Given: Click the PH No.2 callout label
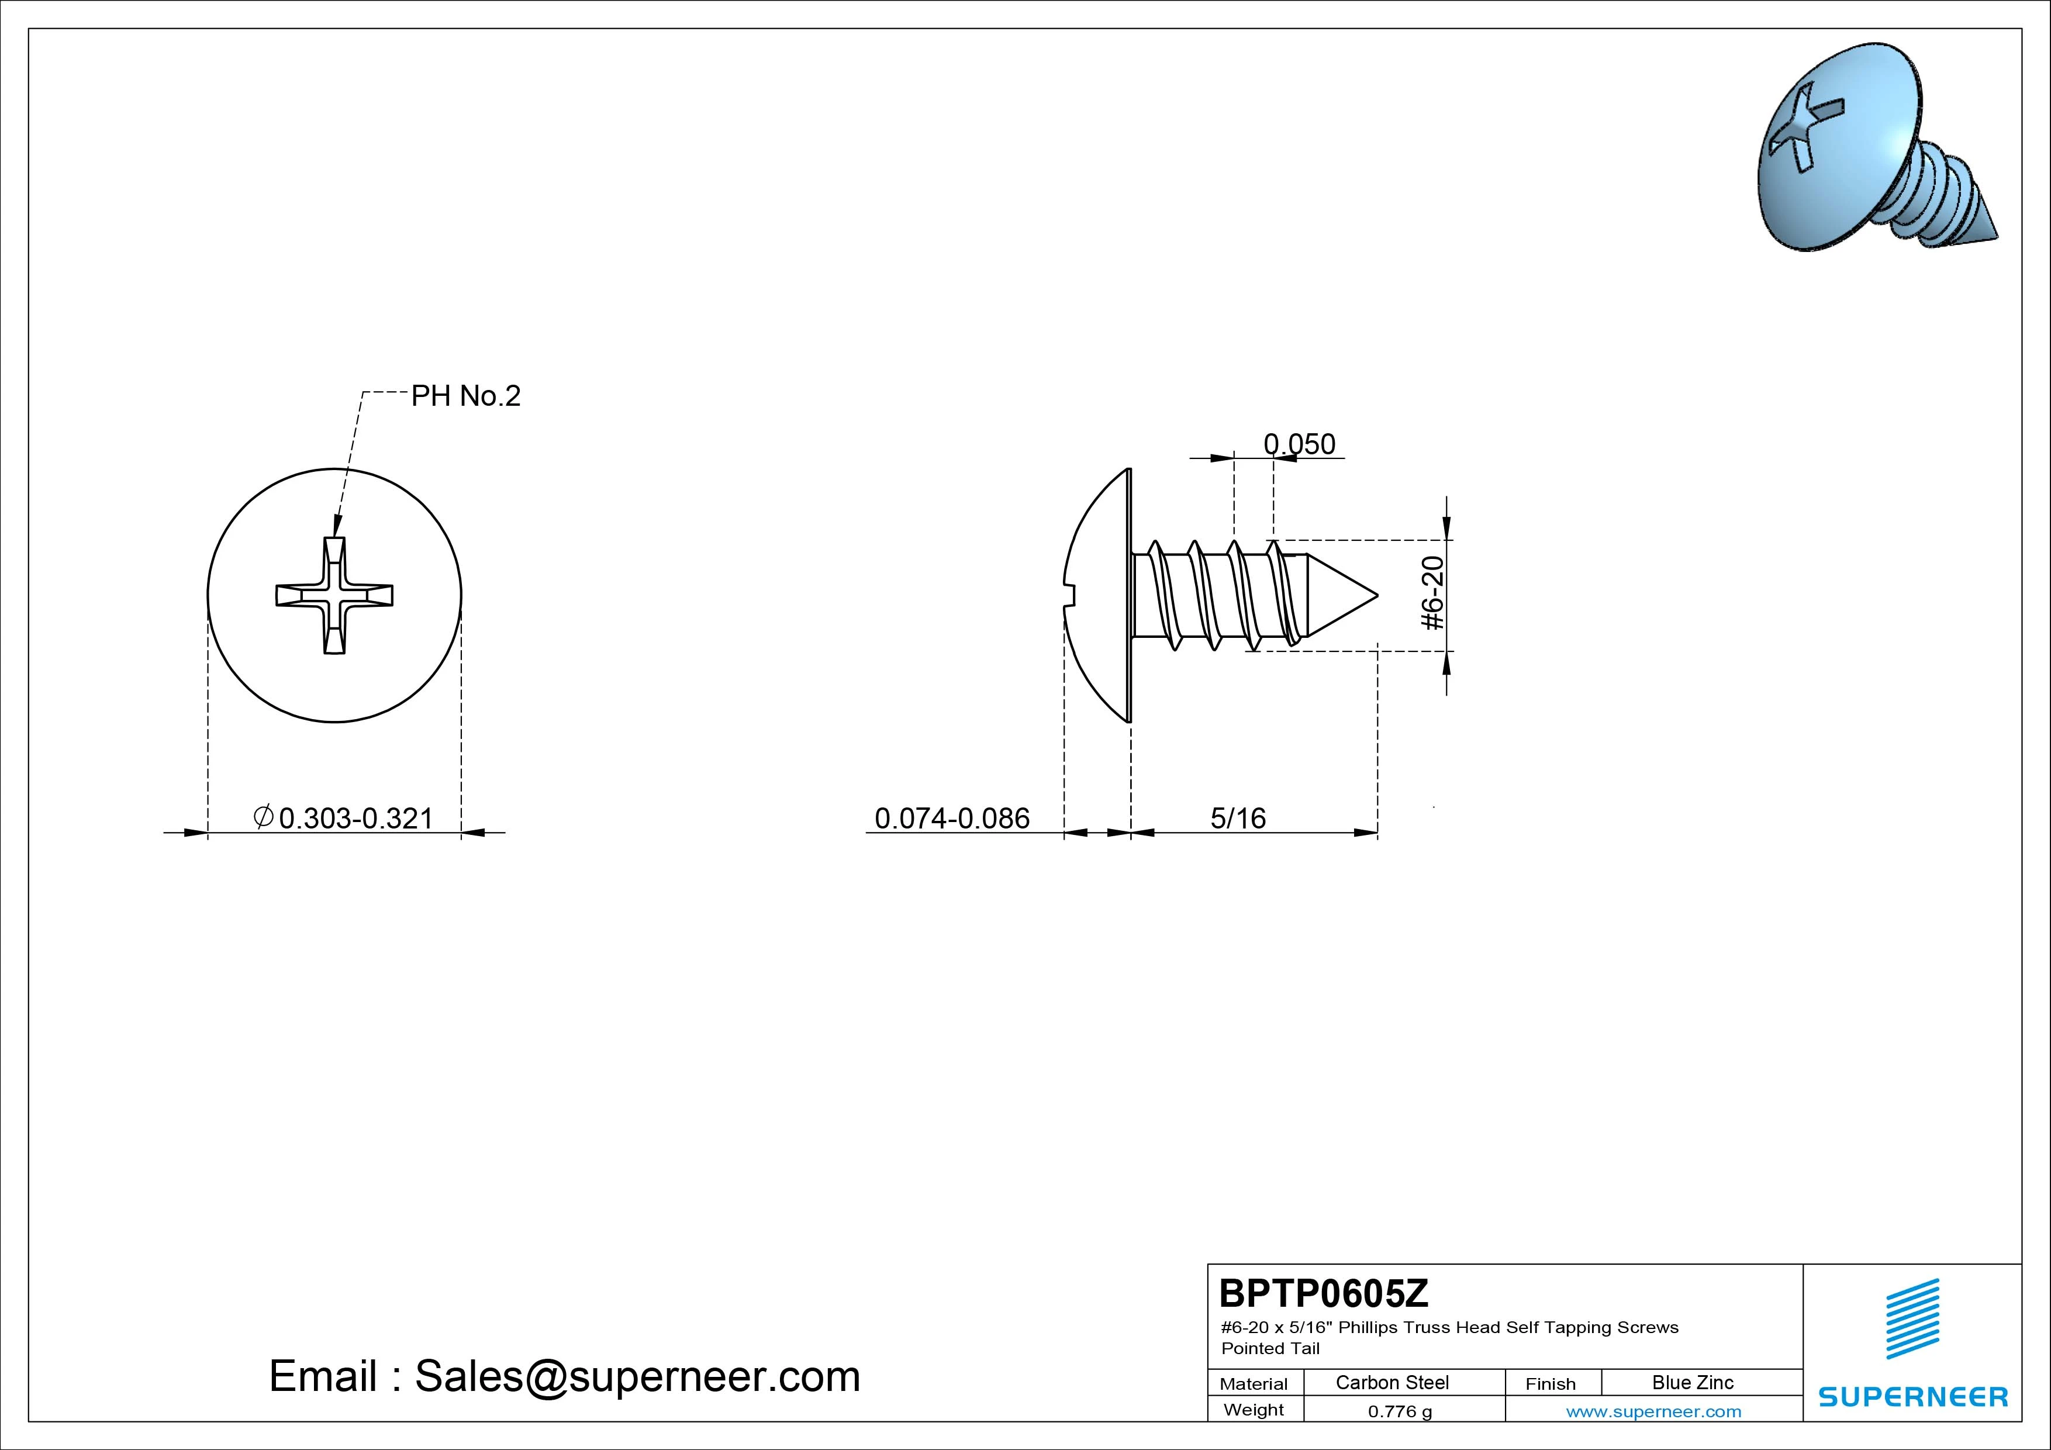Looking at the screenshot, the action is [465, 396].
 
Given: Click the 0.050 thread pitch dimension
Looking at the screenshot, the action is [1300, 444].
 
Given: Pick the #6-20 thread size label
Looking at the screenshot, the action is [1433, 593].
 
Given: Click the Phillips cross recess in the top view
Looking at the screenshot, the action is [334, 595].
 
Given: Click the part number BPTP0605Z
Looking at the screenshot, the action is [1324, 1293].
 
